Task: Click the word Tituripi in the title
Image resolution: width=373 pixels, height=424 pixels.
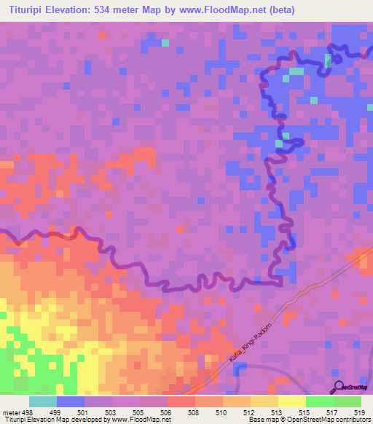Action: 27,9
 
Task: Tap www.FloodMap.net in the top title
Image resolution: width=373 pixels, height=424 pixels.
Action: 230,9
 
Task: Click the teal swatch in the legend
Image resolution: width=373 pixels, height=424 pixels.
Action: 42,401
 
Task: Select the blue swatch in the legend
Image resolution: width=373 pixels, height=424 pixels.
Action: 70,401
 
